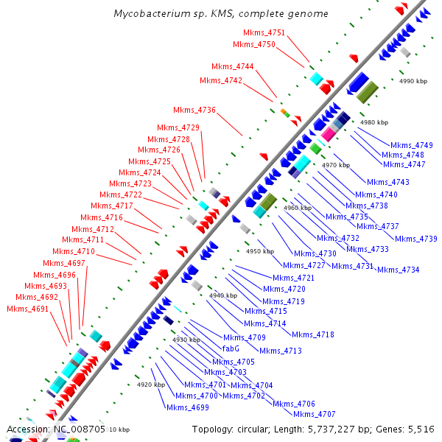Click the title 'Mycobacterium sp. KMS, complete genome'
point(221,14)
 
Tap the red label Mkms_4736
point(195,110)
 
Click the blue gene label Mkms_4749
point(412,145)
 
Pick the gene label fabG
point(231,348)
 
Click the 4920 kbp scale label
point(151,385)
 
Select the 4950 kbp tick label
point(259,251)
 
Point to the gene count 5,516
point(419,429)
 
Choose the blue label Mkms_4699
point(187,407)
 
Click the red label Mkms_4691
point(28,309)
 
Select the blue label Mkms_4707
point(315,414)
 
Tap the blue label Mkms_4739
point(416,239)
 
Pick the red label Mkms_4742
point(221,80)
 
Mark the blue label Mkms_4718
point(313,334)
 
